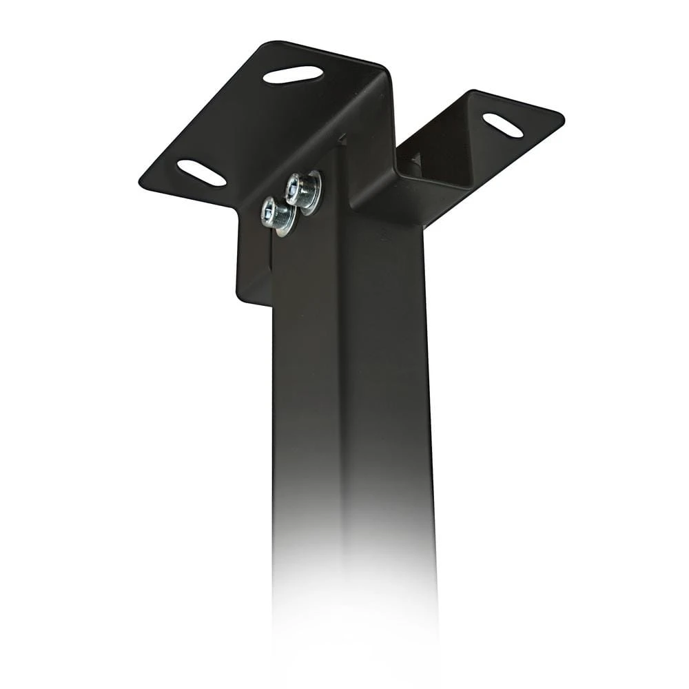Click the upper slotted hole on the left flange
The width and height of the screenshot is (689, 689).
tap(293, 74)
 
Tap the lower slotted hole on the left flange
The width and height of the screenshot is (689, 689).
tap(201, 172)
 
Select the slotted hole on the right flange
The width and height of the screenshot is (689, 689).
tap(502, 125)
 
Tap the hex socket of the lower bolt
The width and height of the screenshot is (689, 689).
tap(271, 209)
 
